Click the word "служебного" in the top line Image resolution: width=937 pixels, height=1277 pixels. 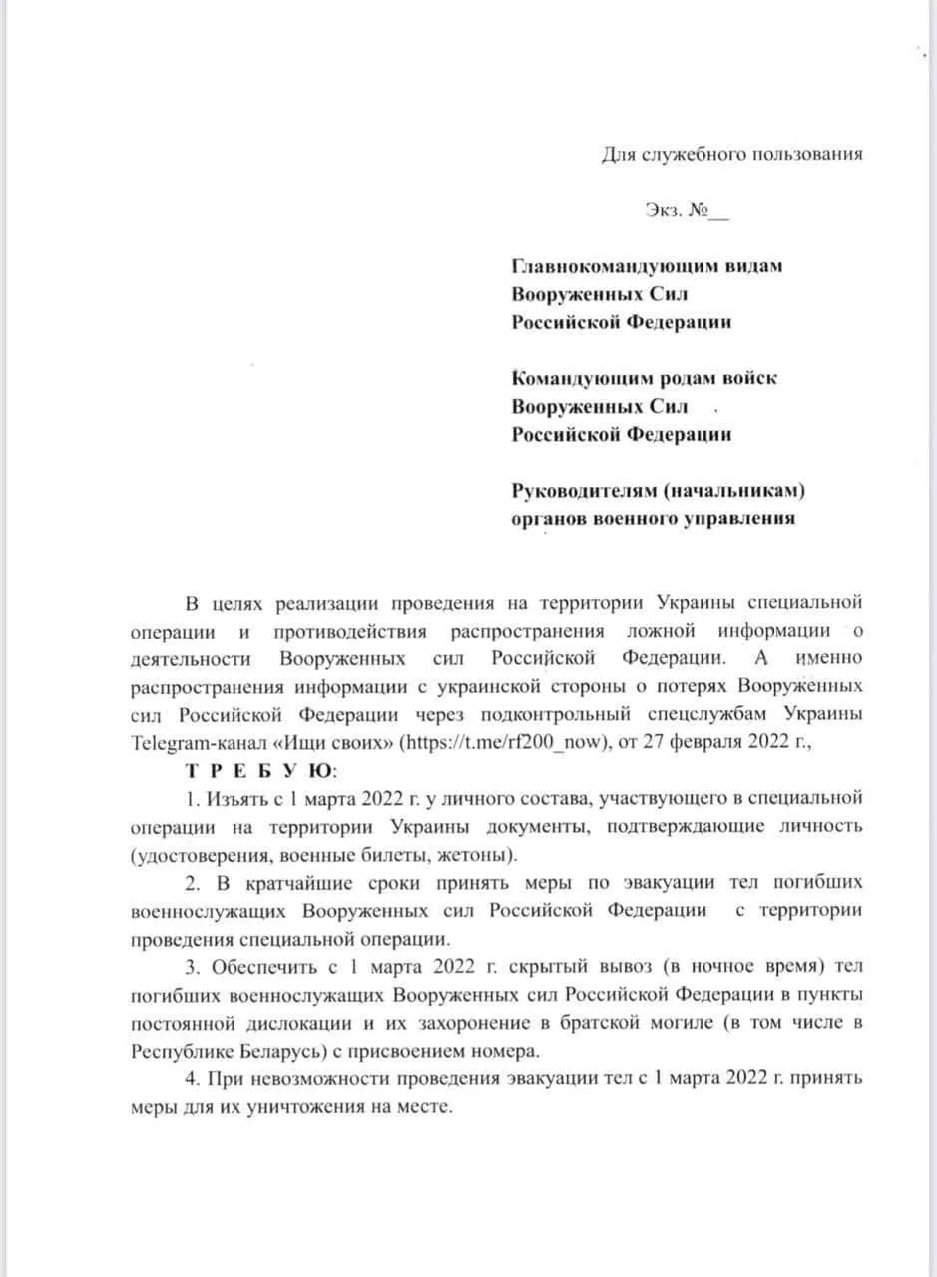(697, 154)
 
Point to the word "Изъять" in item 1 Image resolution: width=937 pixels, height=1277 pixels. (233, 799)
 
